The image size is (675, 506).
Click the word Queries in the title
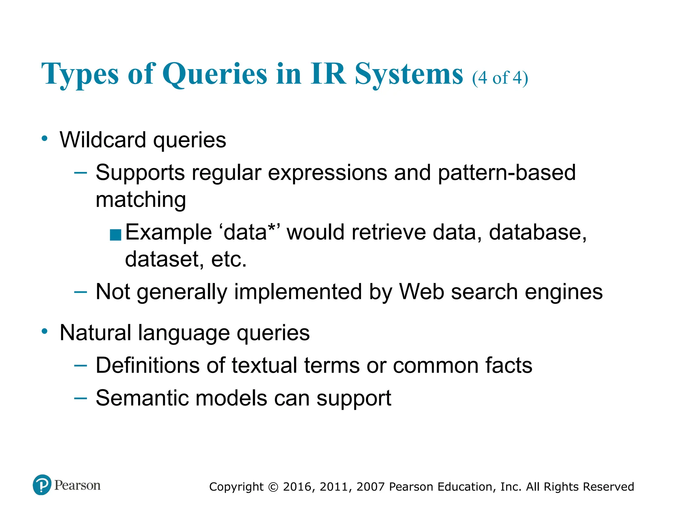pyautogui.click(x=215, y=74)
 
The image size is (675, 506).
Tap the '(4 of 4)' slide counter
pyautogui.click(x=500, y=78)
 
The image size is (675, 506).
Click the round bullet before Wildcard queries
pyautogui.click(x=45, y=138)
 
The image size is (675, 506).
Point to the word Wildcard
pyautogui.click(x=103, y=140)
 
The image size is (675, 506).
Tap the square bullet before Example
pyautogui.click(x=115, y=235)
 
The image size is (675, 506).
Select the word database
pyautogui.click(x=538, y=232)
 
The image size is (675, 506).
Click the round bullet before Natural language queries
pyautogui.click(x=45, y=331)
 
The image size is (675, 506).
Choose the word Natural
pyautogui.click(x=95, y=332)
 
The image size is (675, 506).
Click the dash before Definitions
pyautogui.click(x=81, y=365)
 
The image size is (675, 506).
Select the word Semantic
pyautogui.click(x=142, y=398)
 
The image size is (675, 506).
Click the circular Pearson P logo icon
pyautogui.click(x=42, y=485)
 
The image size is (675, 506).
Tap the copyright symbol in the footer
pyautogui.click(x=273, y=487)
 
